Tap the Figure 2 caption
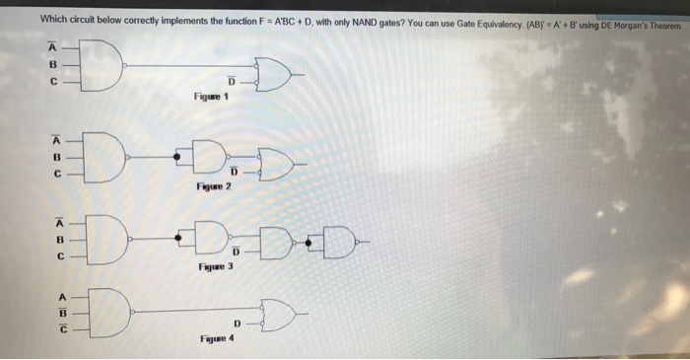pos(213,185)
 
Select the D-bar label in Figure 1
pos(232,81)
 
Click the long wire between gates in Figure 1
pos(187,67)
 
